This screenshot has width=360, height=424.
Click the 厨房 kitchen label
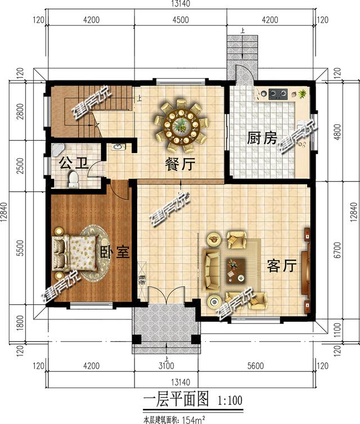262,138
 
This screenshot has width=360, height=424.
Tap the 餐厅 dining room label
179,165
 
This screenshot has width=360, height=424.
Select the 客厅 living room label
281,265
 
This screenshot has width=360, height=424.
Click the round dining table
181,122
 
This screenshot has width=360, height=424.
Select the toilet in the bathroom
73,179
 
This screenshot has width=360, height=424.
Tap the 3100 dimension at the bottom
165,367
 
